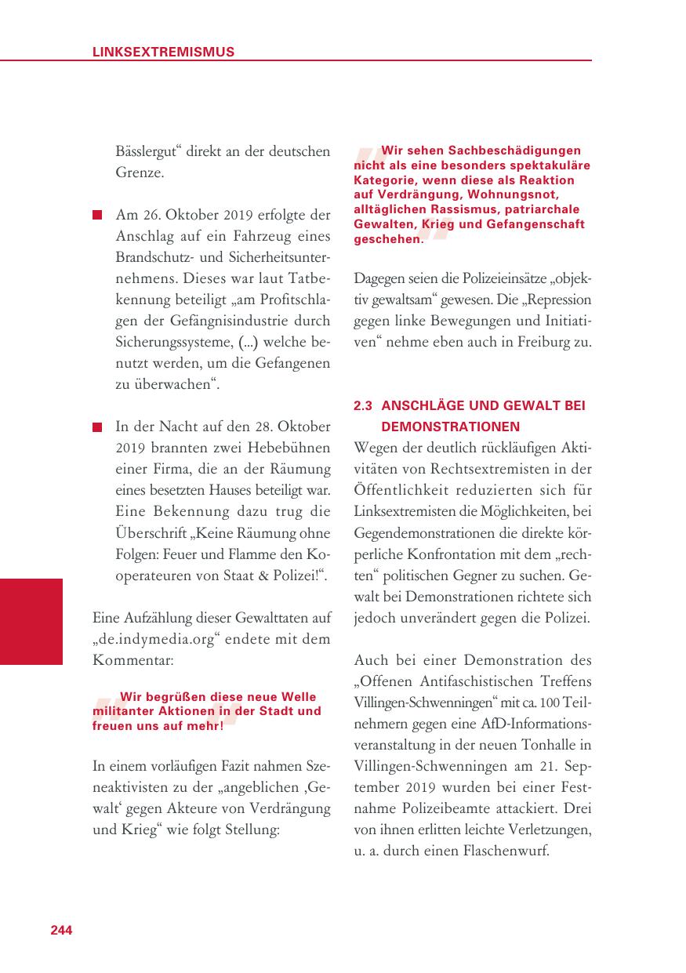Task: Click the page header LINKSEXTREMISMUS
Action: (163, 53)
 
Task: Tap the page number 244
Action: (61, 930)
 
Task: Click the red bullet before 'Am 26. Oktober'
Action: (97, 215)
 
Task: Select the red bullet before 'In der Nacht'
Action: (97, 427)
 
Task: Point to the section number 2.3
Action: (362, 406)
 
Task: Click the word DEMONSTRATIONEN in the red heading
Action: (450, 427)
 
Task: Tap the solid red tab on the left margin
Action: (31, 621)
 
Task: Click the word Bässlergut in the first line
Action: (149, 151)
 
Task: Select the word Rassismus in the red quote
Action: (451, 209)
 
